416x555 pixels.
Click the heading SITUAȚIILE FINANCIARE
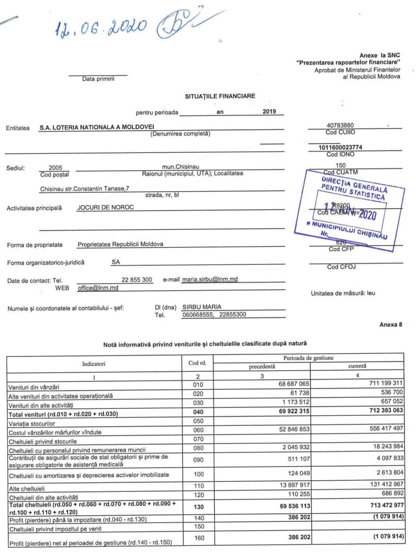click(220, 96)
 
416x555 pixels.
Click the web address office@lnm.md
click(98, 288)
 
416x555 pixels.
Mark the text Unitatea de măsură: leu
click(343, 294)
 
